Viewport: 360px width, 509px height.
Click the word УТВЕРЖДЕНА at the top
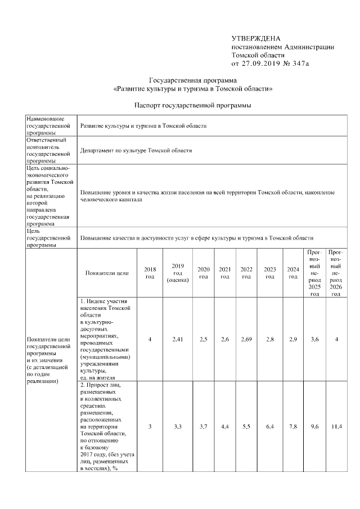tap(256, 38)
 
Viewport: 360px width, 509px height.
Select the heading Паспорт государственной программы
tap(193, 105)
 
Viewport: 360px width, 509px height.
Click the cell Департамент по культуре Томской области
tap(136, 151)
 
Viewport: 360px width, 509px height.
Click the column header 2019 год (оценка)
tap(178, 273)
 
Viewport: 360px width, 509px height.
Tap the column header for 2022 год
tap(246, 273)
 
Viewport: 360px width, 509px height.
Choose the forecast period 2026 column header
tap(336, 273)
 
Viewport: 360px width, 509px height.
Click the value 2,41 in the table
tap(178, 339)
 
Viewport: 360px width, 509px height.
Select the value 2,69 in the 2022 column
tap(246, 339)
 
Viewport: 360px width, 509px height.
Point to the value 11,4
tap(336, 427)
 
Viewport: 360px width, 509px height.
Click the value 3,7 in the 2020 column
tap(204, 427)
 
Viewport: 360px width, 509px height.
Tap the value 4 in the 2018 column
tap(150, 339)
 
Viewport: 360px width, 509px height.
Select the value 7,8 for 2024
tap(292, 427)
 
